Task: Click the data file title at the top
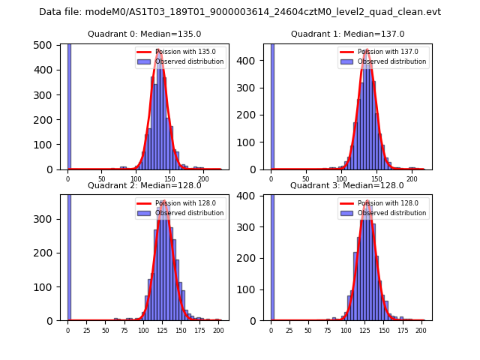pyautogui.click(x=240, y=12)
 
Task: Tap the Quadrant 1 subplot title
pyautogui.click(x=347, y=34)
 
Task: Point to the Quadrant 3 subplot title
pyautogui.click(x=347, y=185)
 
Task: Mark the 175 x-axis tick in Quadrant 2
pyautogui.click(x=199, y=329)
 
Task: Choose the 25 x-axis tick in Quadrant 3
pyautogui.click(x=289, y=329)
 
